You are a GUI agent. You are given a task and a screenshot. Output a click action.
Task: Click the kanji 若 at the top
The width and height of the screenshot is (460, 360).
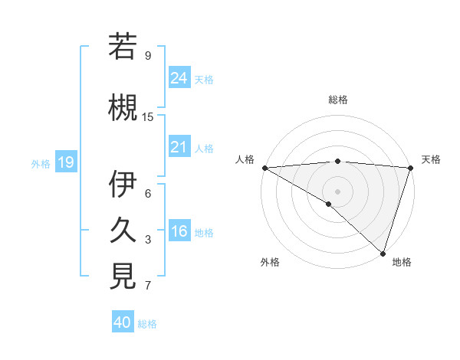click(123, 47)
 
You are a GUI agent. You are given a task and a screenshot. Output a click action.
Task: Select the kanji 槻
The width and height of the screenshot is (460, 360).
click(123, 107)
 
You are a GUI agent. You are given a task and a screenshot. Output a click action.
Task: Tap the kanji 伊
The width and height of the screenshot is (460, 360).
click(123, 185)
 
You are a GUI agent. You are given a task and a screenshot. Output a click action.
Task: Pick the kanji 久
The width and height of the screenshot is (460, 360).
click(123, 231)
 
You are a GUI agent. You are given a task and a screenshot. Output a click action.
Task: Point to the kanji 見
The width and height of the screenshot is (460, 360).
click(123, 277)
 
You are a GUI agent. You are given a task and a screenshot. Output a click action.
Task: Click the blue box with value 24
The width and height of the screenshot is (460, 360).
click(179, 77)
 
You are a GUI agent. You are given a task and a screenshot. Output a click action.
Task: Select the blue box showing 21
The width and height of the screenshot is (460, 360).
click(179, 147)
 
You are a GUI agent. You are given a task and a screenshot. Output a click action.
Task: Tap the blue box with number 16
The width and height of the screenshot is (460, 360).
click(179, 231)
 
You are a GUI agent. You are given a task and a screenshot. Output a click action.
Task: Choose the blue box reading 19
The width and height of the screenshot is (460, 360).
click(65, 162)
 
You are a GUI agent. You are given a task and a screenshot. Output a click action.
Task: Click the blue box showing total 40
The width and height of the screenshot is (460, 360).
click(123, 322)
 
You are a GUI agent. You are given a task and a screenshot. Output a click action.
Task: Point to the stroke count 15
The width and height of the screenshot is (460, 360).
click(148, 117)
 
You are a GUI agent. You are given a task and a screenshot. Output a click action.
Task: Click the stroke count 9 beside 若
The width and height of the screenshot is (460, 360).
click(148, 56)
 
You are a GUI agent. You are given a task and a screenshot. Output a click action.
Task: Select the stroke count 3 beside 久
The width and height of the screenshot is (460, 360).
click(148, 240)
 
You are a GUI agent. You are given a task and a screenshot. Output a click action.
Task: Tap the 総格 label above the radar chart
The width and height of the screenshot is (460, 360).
click(337, 100)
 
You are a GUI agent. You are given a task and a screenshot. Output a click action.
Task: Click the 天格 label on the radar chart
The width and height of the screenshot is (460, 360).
click(431, 159)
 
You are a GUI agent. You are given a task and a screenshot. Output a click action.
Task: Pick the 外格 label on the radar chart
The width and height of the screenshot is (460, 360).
click(270, 262)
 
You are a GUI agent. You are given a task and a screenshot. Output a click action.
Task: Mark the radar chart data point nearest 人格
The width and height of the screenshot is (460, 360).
click(264, 167)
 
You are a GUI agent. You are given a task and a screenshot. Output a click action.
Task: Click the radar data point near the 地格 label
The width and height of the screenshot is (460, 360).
click(383, 254)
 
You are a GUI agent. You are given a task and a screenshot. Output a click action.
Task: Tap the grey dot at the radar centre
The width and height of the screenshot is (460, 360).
click(337, 191)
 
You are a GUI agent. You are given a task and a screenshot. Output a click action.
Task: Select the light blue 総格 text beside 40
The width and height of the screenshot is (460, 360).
click(147, 324)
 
